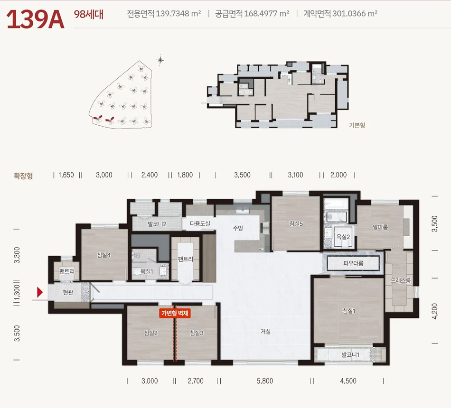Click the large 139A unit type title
point(35,19)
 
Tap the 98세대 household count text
point(89,14)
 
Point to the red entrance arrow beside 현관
point(40,292)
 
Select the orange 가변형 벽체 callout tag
point(175,313)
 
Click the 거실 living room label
point(265,332)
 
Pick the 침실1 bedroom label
point(348,311)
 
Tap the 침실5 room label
point(296,224)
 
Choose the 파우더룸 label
point(353,263)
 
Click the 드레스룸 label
point(400,280)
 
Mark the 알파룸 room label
point(380,227)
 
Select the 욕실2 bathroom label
point(343,237)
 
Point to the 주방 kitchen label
point(238,228)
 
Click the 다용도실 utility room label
point(200,223)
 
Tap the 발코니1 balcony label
point(350,354)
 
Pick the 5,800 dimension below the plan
point(265,381)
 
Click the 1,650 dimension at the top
point(66,175)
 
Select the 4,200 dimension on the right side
point(435,311)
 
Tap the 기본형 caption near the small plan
point(357,125)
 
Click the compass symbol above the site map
point(160,60)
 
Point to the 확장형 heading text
point(23,176)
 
